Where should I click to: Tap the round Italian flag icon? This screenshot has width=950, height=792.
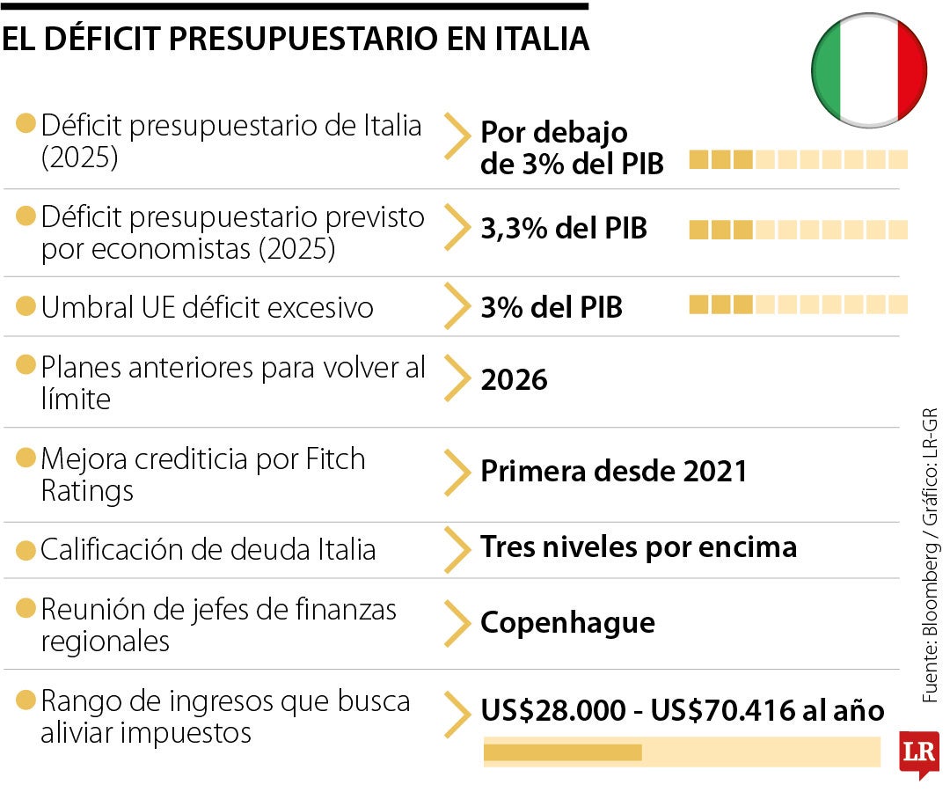tap(868, 70)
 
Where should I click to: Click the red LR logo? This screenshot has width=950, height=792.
tap(919, 753)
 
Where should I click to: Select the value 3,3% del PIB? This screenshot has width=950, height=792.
tap(563, 229)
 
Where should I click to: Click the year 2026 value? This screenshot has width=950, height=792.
tap(514, 380)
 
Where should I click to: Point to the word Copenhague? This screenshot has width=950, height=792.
tap(567, 623)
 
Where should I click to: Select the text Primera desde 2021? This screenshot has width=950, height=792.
tap(613, 471)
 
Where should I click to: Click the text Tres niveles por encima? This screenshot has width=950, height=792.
tap(638, 547)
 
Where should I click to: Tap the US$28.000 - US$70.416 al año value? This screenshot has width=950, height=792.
tap(682, 711)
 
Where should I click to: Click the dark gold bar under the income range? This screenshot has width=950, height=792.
tap(562, 752)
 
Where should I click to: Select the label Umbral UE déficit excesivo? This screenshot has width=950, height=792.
tap(207, 308)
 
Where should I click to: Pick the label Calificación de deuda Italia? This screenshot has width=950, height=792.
tap(208, 550)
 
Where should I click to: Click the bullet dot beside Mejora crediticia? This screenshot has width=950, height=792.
tap(26, 458)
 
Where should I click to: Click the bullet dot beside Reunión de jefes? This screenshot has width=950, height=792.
tap(26, 608)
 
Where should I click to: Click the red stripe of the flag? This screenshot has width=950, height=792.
tap(911, 70)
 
